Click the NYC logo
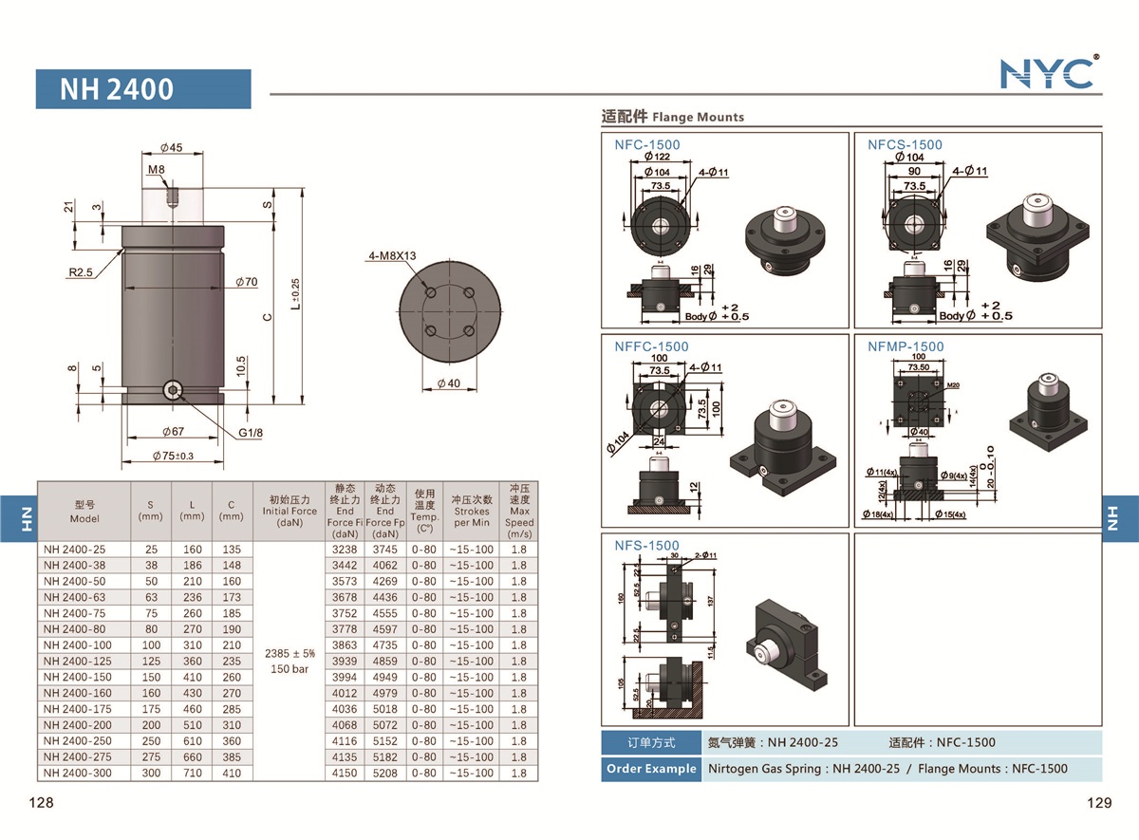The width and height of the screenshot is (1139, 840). click(x=1048, y=72)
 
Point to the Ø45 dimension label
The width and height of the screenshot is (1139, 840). click(x=172, y=148)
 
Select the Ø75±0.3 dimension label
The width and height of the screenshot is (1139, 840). click(x=173, y=456)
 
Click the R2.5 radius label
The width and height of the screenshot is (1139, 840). click(x=81, y=272)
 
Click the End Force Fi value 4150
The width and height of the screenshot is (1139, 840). click(x=345, y=774)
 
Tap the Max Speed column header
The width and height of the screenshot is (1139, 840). click(x=518, y=511)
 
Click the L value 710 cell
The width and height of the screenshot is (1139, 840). click(x=192, y=774)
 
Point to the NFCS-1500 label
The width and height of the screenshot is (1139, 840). click(x=905, y=145)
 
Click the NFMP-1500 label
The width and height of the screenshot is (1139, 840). click(x=906, y=346)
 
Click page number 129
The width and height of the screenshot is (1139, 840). click(x=1098, y=803)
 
